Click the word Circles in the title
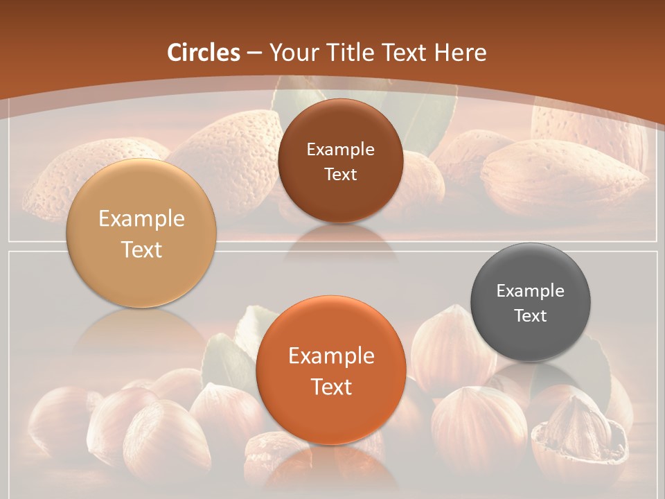tap(204, 52)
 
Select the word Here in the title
tap(461, 52)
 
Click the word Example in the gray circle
tap(531, 290)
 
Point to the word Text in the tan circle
tap(141, 249)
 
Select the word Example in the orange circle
tap(331, 356)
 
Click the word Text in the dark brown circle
tap(340, 174)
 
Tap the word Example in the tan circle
tap(141, 218)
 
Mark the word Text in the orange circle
tap(331, 387)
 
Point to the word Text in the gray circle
tap(531, 315)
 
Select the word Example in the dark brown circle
tap(340, 149)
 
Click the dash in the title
tap(254, 53)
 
